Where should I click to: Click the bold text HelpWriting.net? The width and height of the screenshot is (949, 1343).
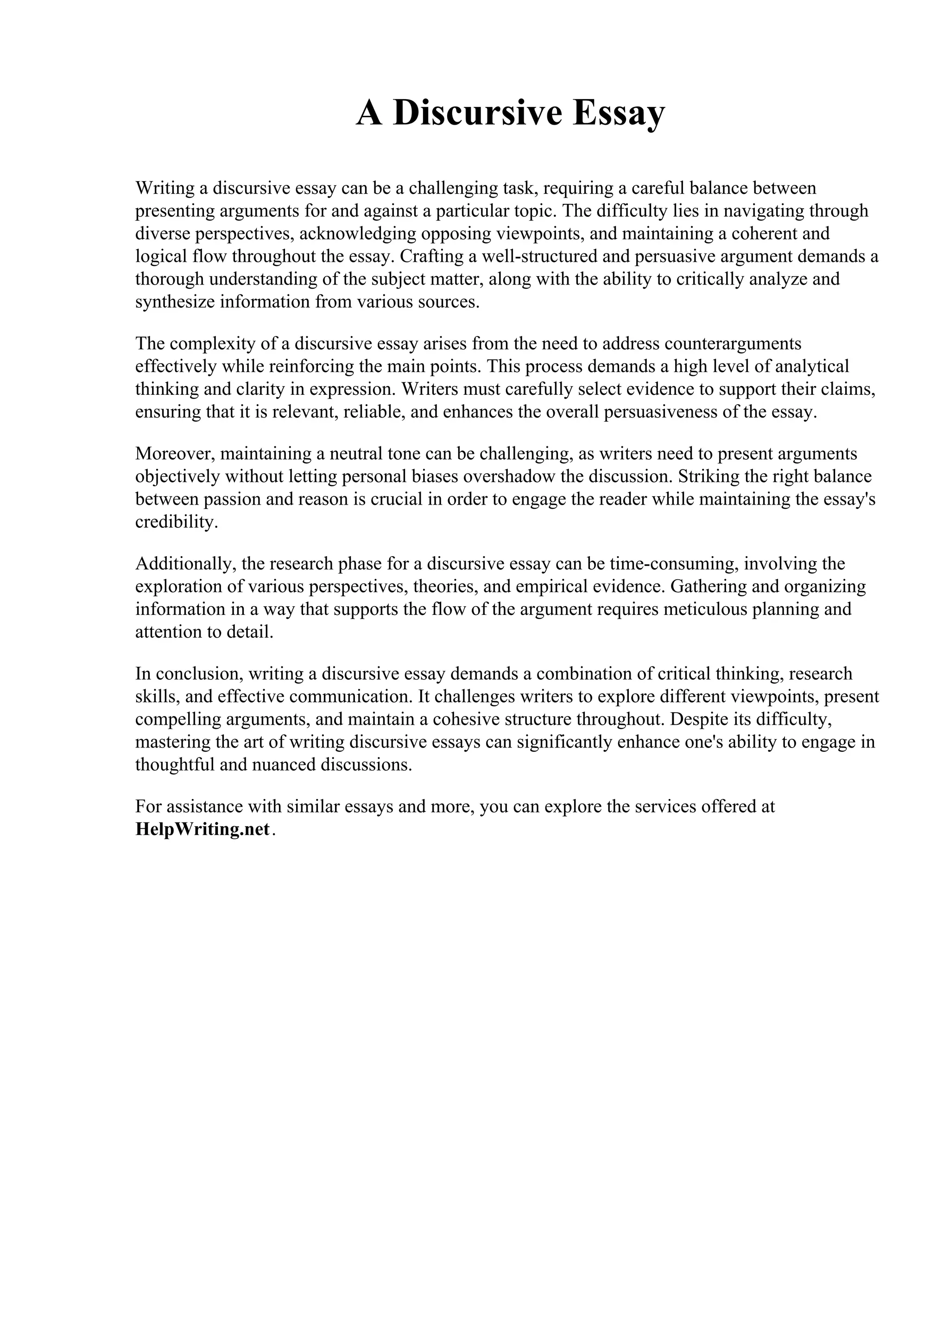pyautogui.click(x=202, y=830)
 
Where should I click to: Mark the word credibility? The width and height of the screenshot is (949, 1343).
pyautogui.click(x=176, y=522)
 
